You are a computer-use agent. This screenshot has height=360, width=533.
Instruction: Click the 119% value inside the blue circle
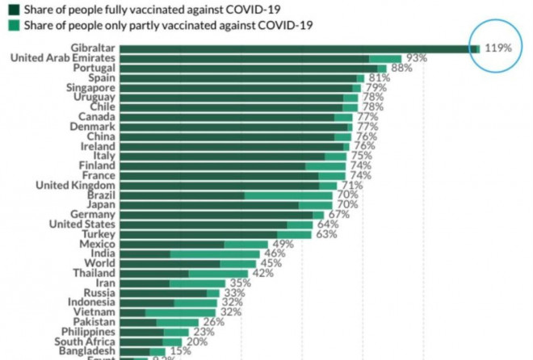pyautogui.click(x=498, y=48)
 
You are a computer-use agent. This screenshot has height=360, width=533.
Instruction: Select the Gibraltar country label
pyautogui.click(x=92, y=48)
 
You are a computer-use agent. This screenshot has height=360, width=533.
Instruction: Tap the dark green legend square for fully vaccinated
pyautogui.click(x=15, y=9)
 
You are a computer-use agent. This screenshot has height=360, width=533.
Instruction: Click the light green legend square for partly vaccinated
pyautogui.click(x=15, y=26)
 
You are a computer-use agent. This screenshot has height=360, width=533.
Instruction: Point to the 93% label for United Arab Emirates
pyautogui.click(x=416, y=58)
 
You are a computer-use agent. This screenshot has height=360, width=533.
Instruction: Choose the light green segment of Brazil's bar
pyautogui.click(x=288, y=195)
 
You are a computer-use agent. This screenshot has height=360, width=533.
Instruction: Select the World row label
pyautogui.click(x=98, y=263)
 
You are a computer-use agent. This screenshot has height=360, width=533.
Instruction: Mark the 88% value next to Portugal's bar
pyautogui.click(x=401, y=69)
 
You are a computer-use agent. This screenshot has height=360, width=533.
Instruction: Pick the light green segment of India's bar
pyautogui.click(x=215, y=253)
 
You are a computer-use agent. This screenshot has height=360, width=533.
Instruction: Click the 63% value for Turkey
pyautogui.click(x=326, y=234)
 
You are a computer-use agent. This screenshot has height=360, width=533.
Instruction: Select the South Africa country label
pyautogui.click(x=82, y=341)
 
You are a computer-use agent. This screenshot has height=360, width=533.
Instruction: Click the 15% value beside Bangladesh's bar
pyautogui.click(x=181, y=351)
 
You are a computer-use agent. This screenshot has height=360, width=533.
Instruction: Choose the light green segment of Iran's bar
pyautogui.click(x=198, y=283)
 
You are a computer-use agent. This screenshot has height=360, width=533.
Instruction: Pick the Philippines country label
pyautogui.click(x=84, y=332)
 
